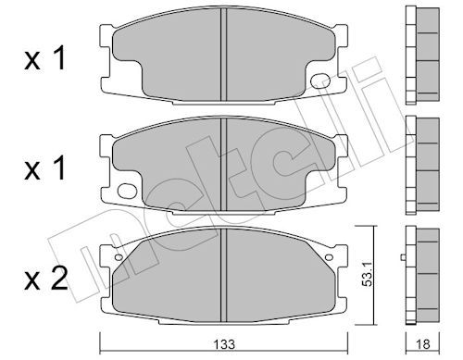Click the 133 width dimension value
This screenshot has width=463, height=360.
[225, 344]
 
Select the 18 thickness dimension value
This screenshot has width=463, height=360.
[422, 344]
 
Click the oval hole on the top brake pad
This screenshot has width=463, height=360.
[320, 81]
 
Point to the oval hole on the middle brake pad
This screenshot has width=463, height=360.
[127, 191]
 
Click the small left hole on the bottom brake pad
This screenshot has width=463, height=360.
[119, 256]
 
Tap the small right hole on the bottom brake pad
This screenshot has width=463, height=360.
[329, 256]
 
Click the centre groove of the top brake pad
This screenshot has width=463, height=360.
[224, 55]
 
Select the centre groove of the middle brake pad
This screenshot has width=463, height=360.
[224, 165]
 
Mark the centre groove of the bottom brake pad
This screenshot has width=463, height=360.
[224, 275]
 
